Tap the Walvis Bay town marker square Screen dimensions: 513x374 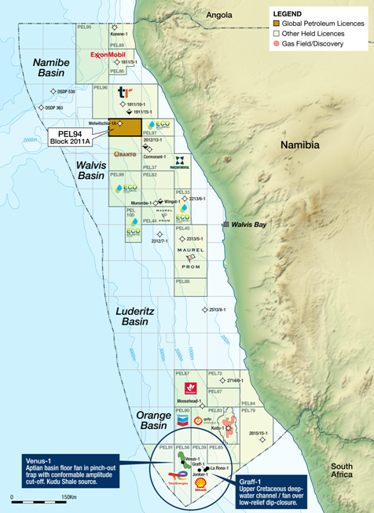[x=225, y=225]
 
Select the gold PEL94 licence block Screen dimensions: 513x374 [x=125, y=127]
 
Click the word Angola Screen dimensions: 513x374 [x=219, y=15]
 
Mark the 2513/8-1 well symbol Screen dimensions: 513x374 [x=205, y=310]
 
